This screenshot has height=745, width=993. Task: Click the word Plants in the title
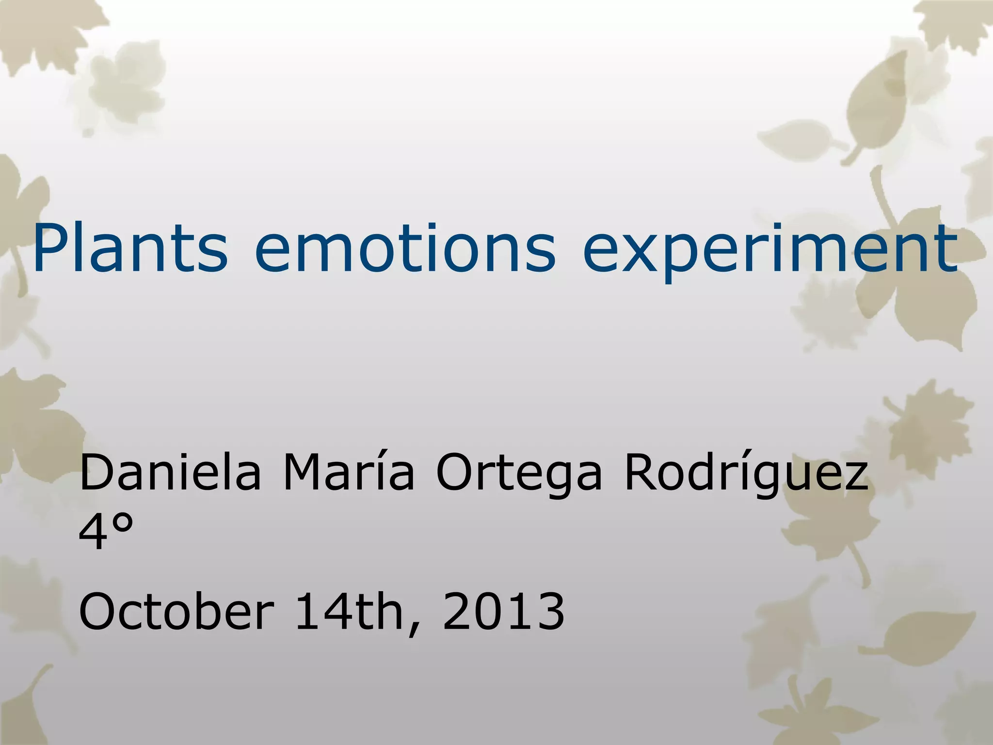pos(130,248)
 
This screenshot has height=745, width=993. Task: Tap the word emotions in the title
pos(405,248)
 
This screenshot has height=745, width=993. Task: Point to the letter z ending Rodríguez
pos(854,477)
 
